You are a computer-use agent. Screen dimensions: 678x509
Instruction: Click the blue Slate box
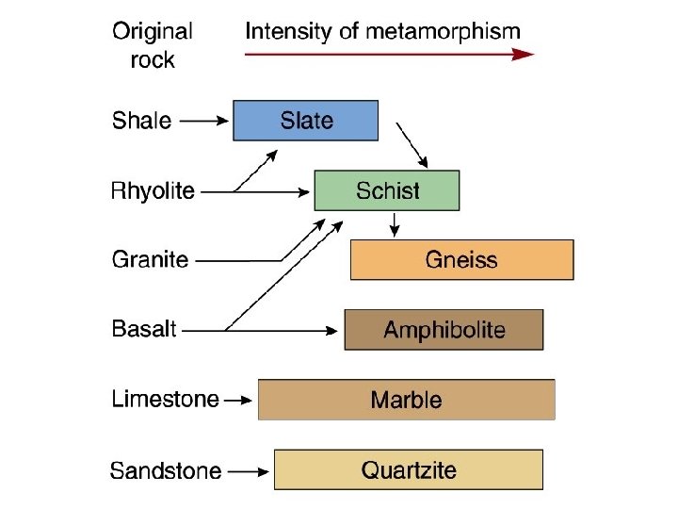(305, 121)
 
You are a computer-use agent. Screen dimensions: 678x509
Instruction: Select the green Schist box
(386, 190)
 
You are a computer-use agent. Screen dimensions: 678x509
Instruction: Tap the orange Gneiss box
(461, 259)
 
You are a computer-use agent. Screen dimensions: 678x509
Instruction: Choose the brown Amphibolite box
(444, 330)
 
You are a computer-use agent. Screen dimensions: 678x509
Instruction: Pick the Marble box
(406, 400)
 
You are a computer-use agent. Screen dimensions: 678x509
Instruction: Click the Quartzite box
(408, 469)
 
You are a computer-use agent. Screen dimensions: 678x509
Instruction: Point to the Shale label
(141, 121)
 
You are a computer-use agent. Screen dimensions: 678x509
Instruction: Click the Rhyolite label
(153, 190)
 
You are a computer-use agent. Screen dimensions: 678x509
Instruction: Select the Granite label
(150, 259)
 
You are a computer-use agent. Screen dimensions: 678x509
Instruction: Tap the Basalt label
(144, 330)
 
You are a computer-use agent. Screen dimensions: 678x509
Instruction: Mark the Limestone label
(165, 400)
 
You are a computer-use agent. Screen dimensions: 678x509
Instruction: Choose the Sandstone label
(166, 469)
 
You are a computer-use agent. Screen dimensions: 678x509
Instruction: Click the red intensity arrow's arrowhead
(525, 55)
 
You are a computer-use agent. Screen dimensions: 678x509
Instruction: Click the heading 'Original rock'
(153, 44)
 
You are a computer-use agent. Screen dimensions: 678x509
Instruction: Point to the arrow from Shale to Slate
(204, 121)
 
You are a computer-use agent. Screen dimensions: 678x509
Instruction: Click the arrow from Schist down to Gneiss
(395, 224)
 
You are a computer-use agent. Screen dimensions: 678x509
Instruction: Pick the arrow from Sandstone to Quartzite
(250, 469)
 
